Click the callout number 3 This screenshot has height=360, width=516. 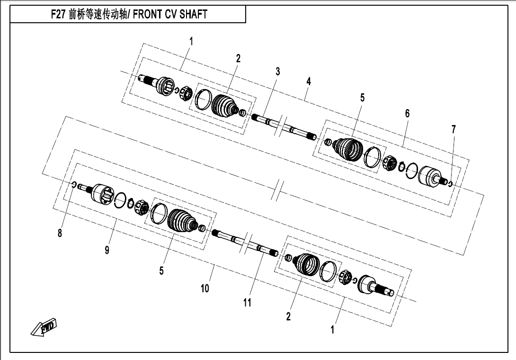pyautogui.click(x=278, y=72)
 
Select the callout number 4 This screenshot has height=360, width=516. pyautogui.click(x=308, y=81)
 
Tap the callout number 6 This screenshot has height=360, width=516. pyautogui.click(x=408, y=113)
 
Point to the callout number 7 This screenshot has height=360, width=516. pyautogui.click(x=454, y=129)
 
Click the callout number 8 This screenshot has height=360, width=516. pyautogui.click(x=60, y=233)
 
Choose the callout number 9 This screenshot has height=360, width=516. pyautogui.click(x=107, y=250)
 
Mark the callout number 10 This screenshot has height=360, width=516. pyautogui.click(x=205, y=288)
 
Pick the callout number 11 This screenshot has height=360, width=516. pyautogui.click(x=247, y=303)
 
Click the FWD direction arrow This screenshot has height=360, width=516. pyautogui.click(x=44, y=327)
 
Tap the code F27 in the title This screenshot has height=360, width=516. pyautogui.click(x=58, y=15)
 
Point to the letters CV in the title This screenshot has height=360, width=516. pyautogui.click(x=171, y=15)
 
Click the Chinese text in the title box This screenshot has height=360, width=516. pyautogui.click(x=98, y=15)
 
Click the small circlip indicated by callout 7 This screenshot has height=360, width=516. pyautogui.click(x=451, y=183)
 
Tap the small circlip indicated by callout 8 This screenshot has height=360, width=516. pyautogui.click(x=74, y=185)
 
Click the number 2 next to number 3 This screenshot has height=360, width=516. pyautogui.click(x=238, y=58)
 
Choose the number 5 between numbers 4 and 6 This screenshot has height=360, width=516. pyautogui.click(x=362, y=98)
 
